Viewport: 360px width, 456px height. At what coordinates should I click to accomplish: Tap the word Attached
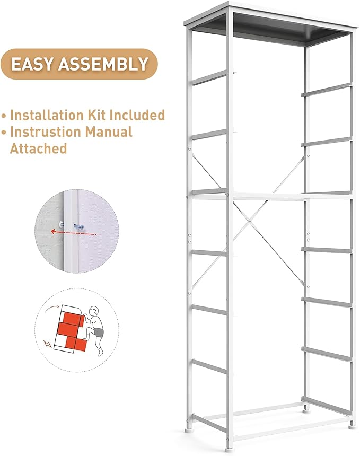click(38, 148)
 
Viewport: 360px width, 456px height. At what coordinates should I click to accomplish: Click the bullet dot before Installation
click(4, 116)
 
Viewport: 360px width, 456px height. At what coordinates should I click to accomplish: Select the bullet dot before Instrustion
click(4, 132)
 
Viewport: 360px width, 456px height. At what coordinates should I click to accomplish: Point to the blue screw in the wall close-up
click(79, 226)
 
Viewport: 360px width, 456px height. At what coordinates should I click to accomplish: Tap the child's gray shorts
click(99, 334)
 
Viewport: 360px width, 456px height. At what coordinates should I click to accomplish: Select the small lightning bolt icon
click(49, 344)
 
